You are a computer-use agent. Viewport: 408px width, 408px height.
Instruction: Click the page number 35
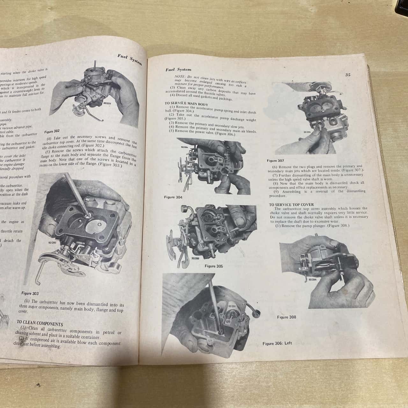pyautogui.click(x=348, y=75)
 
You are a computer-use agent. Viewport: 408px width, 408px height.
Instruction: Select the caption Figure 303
pyautogui.click(x=31, y=293)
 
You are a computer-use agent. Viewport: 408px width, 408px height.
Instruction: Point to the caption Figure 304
pyautogui.click(x=173, y=197)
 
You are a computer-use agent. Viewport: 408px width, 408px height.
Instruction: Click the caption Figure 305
pyautogui.click(x=214, y=266)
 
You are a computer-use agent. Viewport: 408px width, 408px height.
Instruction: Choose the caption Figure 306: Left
pyautogui.click(x=277, y=343)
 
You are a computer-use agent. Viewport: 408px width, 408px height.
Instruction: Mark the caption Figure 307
pyautogui.click(x=275, y=161)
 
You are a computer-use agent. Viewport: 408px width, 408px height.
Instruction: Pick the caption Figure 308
pyautogui.click(x=286, y=317)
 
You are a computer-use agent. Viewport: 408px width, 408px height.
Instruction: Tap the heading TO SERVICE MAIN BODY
pyautogui.click(x=186, y=104)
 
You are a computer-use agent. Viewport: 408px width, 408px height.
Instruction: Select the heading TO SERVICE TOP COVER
pyautogui.click(x=291, y=205)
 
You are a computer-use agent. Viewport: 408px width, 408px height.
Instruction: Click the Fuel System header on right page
pyautogui.click(x=178, y=69)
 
